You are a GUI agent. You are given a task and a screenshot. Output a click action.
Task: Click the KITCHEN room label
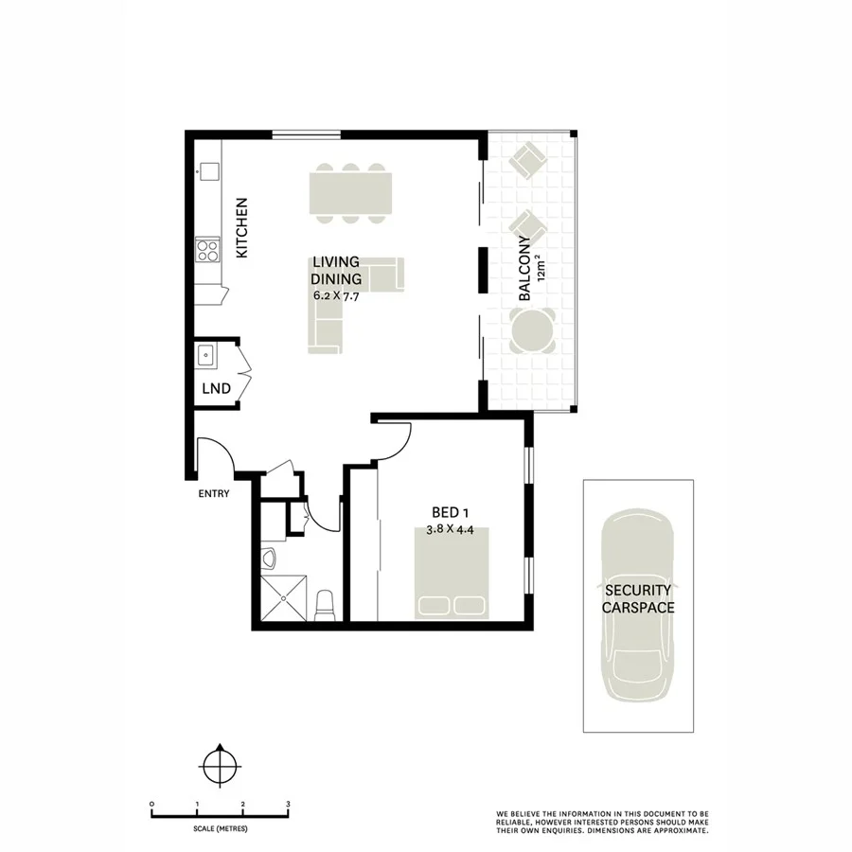click(x=241, y=228)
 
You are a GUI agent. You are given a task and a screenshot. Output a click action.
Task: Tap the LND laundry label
click(x=215, y=388)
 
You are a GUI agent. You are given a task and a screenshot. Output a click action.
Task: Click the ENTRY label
click(x=214, y=493)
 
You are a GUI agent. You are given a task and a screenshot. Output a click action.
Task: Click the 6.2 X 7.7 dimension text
click(x=336, y=295)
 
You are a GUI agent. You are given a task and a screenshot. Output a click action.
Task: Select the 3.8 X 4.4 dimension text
click(x=451, y=530)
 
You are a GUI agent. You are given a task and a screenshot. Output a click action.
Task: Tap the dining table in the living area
click(x=350, y=193)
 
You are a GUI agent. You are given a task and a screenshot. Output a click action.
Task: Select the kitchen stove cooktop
click(x=207, y=251)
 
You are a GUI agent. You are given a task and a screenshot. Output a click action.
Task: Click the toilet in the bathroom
click(x=325, y=604)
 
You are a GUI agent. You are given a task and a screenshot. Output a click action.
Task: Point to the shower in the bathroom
click(x=284, y=596)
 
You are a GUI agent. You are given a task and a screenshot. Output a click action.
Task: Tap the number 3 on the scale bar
click(x=287, y=804)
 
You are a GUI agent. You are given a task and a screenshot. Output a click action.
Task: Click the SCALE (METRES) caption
click(x=219, y=828)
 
